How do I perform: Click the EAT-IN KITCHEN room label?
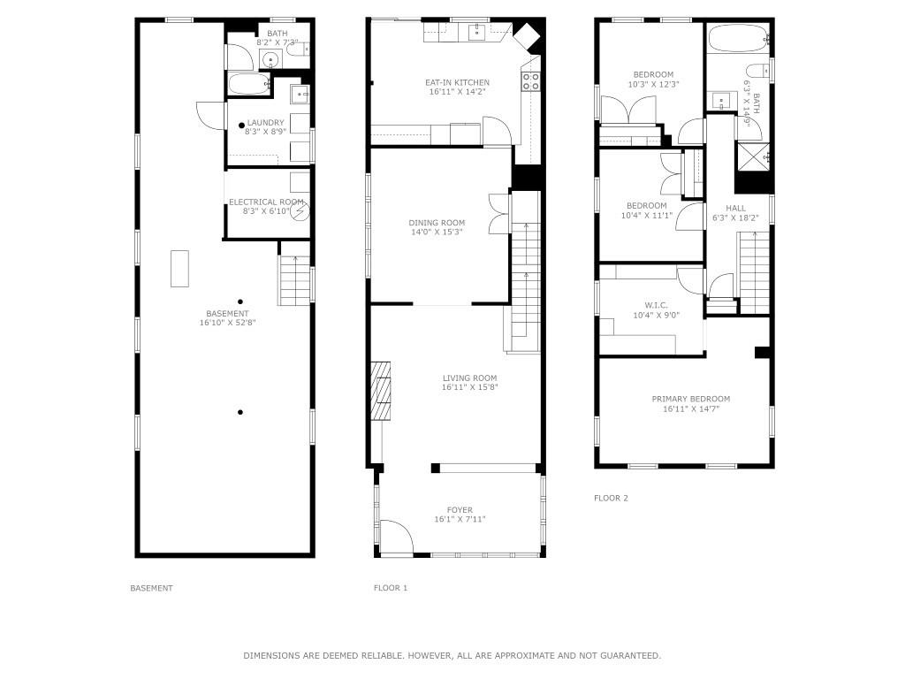457,82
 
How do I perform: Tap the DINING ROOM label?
436,223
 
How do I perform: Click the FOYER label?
460,510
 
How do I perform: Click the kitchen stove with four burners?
530,81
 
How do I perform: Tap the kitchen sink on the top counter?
476,33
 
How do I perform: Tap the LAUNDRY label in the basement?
265,123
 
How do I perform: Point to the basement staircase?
295,281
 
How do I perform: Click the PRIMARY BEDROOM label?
691,399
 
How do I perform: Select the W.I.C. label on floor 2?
643,305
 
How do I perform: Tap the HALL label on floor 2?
735,209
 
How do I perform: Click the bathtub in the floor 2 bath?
737,39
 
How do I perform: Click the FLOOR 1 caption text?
391,588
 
